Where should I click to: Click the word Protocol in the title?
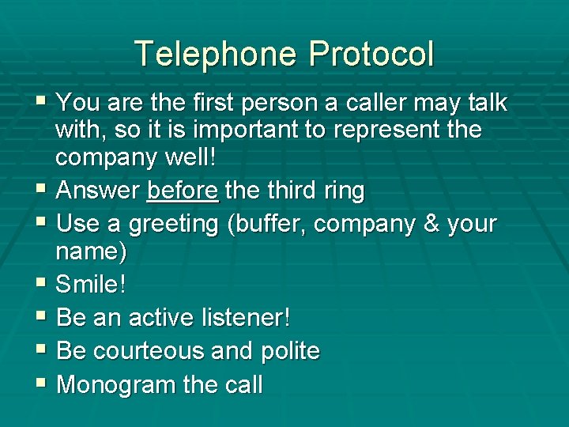click(371, 54)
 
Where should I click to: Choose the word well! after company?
click(187, 157)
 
